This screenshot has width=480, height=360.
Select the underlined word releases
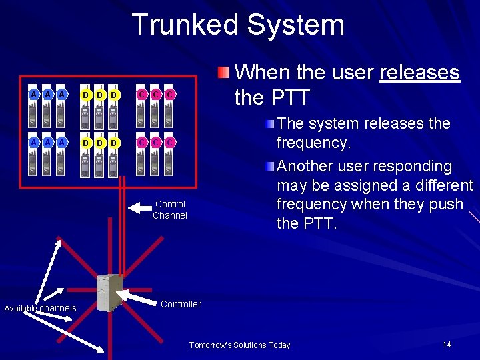pyautogui.click(x=419, y=72)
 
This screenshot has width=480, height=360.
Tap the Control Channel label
pyautogui.click(x=170, y=209)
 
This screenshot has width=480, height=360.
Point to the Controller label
pyautogui.click(x=181, y=304)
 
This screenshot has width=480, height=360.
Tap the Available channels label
pyautogui.click(x=40, y=308)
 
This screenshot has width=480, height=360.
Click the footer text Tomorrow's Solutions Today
pyautogui.click(x=239, y=345)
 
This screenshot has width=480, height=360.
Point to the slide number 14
pyautogui.click(x=447, y=344)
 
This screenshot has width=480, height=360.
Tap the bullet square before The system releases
pyautogui.click(x=269, y=124)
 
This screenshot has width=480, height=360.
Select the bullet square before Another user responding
pyautogui.click(x=269, y=167)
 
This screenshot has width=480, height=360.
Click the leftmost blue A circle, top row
pyautogui.click(x=33, y=95)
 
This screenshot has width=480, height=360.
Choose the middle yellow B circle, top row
pyautogui.click(x=99, y=95)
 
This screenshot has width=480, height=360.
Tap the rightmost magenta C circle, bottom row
pyautogui.click(x=170, y=142)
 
